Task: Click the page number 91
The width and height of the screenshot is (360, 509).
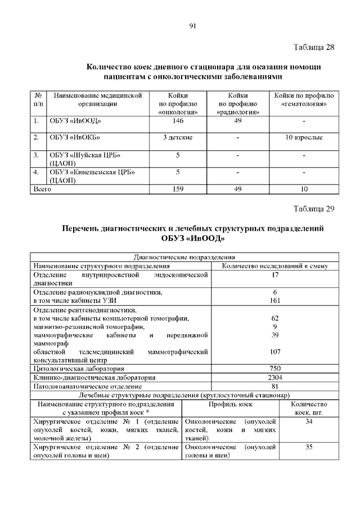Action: click(192, 26)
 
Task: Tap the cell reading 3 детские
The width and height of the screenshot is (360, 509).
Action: click(178, 137)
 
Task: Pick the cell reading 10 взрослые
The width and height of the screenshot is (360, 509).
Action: click(304, 137)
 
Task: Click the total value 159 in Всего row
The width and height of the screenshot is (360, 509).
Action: click(177, 190)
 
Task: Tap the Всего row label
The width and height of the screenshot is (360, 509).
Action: click(42, 190)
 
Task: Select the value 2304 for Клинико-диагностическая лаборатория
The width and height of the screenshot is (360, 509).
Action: click(275, 377)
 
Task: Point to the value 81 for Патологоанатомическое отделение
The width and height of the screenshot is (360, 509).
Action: click(275, 386)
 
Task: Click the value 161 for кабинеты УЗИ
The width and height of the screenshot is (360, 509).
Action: click(275, 301)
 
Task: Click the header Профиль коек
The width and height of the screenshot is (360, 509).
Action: click(231, 404)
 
